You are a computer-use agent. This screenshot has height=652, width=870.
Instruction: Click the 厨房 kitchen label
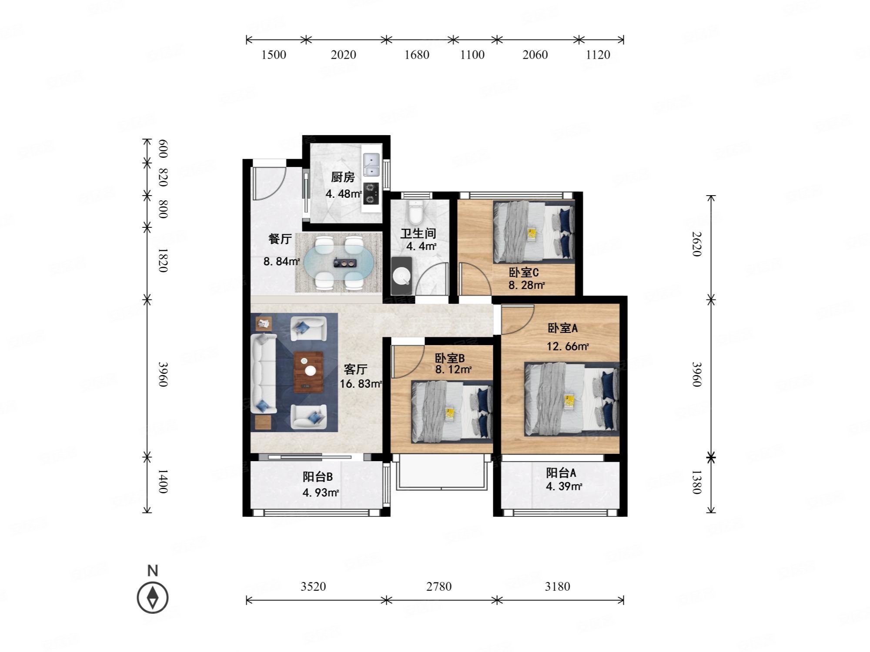pos(343,177)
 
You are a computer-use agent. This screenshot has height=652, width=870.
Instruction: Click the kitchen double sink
pos(371,165)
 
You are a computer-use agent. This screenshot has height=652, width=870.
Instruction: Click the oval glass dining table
pos(338,263)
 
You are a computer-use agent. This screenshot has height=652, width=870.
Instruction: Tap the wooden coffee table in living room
pos(308,372)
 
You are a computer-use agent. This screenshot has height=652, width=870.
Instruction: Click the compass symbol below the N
pos(153,597)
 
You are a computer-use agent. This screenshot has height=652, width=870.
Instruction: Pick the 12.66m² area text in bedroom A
pos(568,346)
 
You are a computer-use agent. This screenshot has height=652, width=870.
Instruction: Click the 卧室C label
pos(524,273)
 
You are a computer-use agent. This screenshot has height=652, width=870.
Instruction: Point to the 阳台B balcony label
pos(318,477)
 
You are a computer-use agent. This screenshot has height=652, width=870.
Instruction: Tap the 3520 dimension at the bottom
pos(313,587)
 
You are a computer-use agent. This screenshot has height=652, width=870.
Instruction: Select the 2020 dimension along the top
pos(344,55)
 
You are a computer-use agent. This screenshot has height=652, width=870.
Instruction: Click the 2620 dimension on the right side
pos(696,244)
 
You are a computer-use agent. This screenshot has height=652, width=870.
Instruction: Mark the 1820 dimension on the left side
pos(162,260)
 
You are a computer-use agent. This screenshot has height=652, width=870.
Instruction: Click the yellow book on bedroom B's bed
pos(449,413)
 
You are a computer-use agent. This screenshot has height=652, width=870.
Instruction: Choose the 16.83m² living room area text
pos(361,384)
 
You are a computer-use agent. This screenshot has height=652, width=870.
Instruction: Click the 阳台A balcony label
pos(561,472)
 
